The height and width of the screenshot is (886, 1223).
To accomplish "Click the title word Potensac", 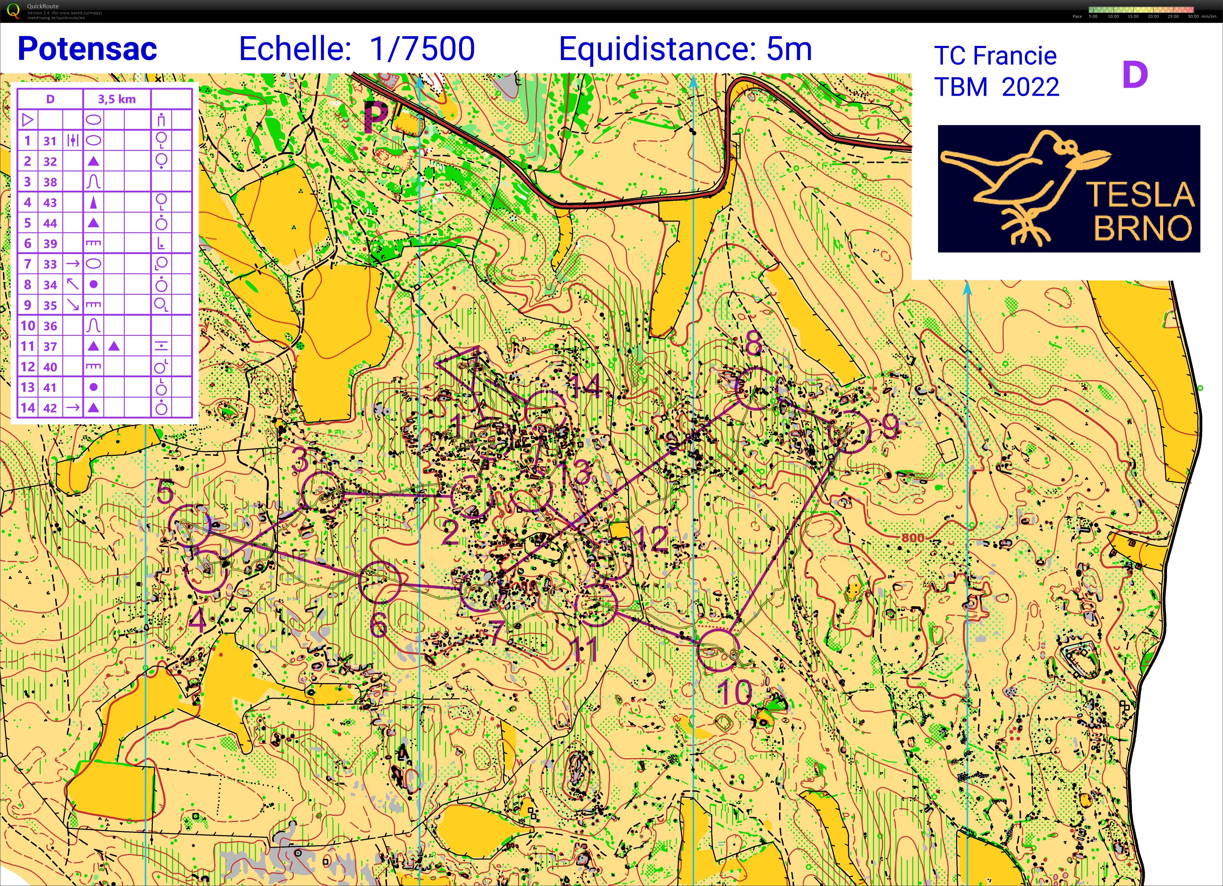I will (87, 49).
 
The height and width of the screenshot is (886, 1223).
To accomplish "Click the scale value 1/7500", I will (422, 49).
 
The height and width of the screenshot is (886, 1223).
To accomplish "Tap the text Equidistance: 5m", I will (685, 49).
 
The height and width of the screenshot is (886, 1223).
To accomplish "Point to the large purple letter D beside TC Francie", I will (1135, 76).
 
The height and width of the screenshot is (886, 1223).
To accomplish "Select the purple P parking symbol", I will (376, 116).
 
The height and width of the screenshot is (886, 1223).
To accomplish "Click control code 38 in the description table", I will (50, 182).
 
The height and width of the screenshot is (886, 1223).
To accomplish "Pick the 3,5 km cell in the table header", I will (117, 99).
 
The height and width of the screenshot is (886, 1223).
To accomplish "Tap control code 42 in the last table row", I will (50, 408).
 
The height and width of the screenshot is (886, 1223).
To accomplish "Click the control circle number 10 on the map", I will (718, 650).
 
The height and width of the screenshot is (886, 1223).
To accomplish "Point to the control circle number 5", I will (190, 526).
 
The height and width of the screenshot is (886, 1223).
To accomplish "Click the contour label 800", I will (912, 538).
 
